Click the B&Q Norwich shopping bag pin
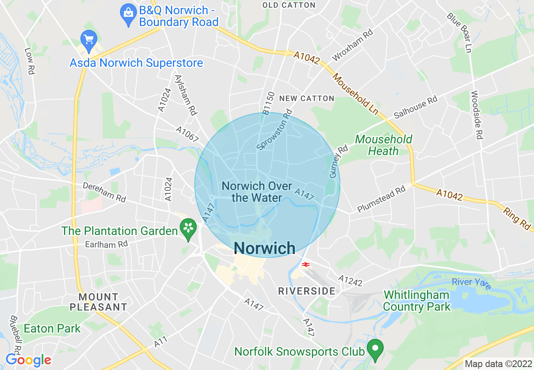pos(128,14)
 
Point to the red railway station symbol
pos(306,264)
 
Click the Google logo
pos(28,360)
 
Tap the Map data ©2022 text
pos(498,363)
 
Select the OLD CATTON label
pos(289,5)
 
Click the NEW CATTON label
pos(307,98)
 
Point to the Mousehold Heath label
pos(383,145)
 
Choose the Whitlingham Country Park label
pos(417,301)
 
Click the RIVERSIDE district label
pos(307,291)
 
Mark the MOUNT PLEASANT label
pos(99,302)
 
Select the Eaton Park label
pos(52,328)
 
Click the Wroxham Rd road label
pos(353,45)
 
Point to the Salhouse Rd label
pos(415,107)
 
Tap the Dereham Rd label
pos(104,192)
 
